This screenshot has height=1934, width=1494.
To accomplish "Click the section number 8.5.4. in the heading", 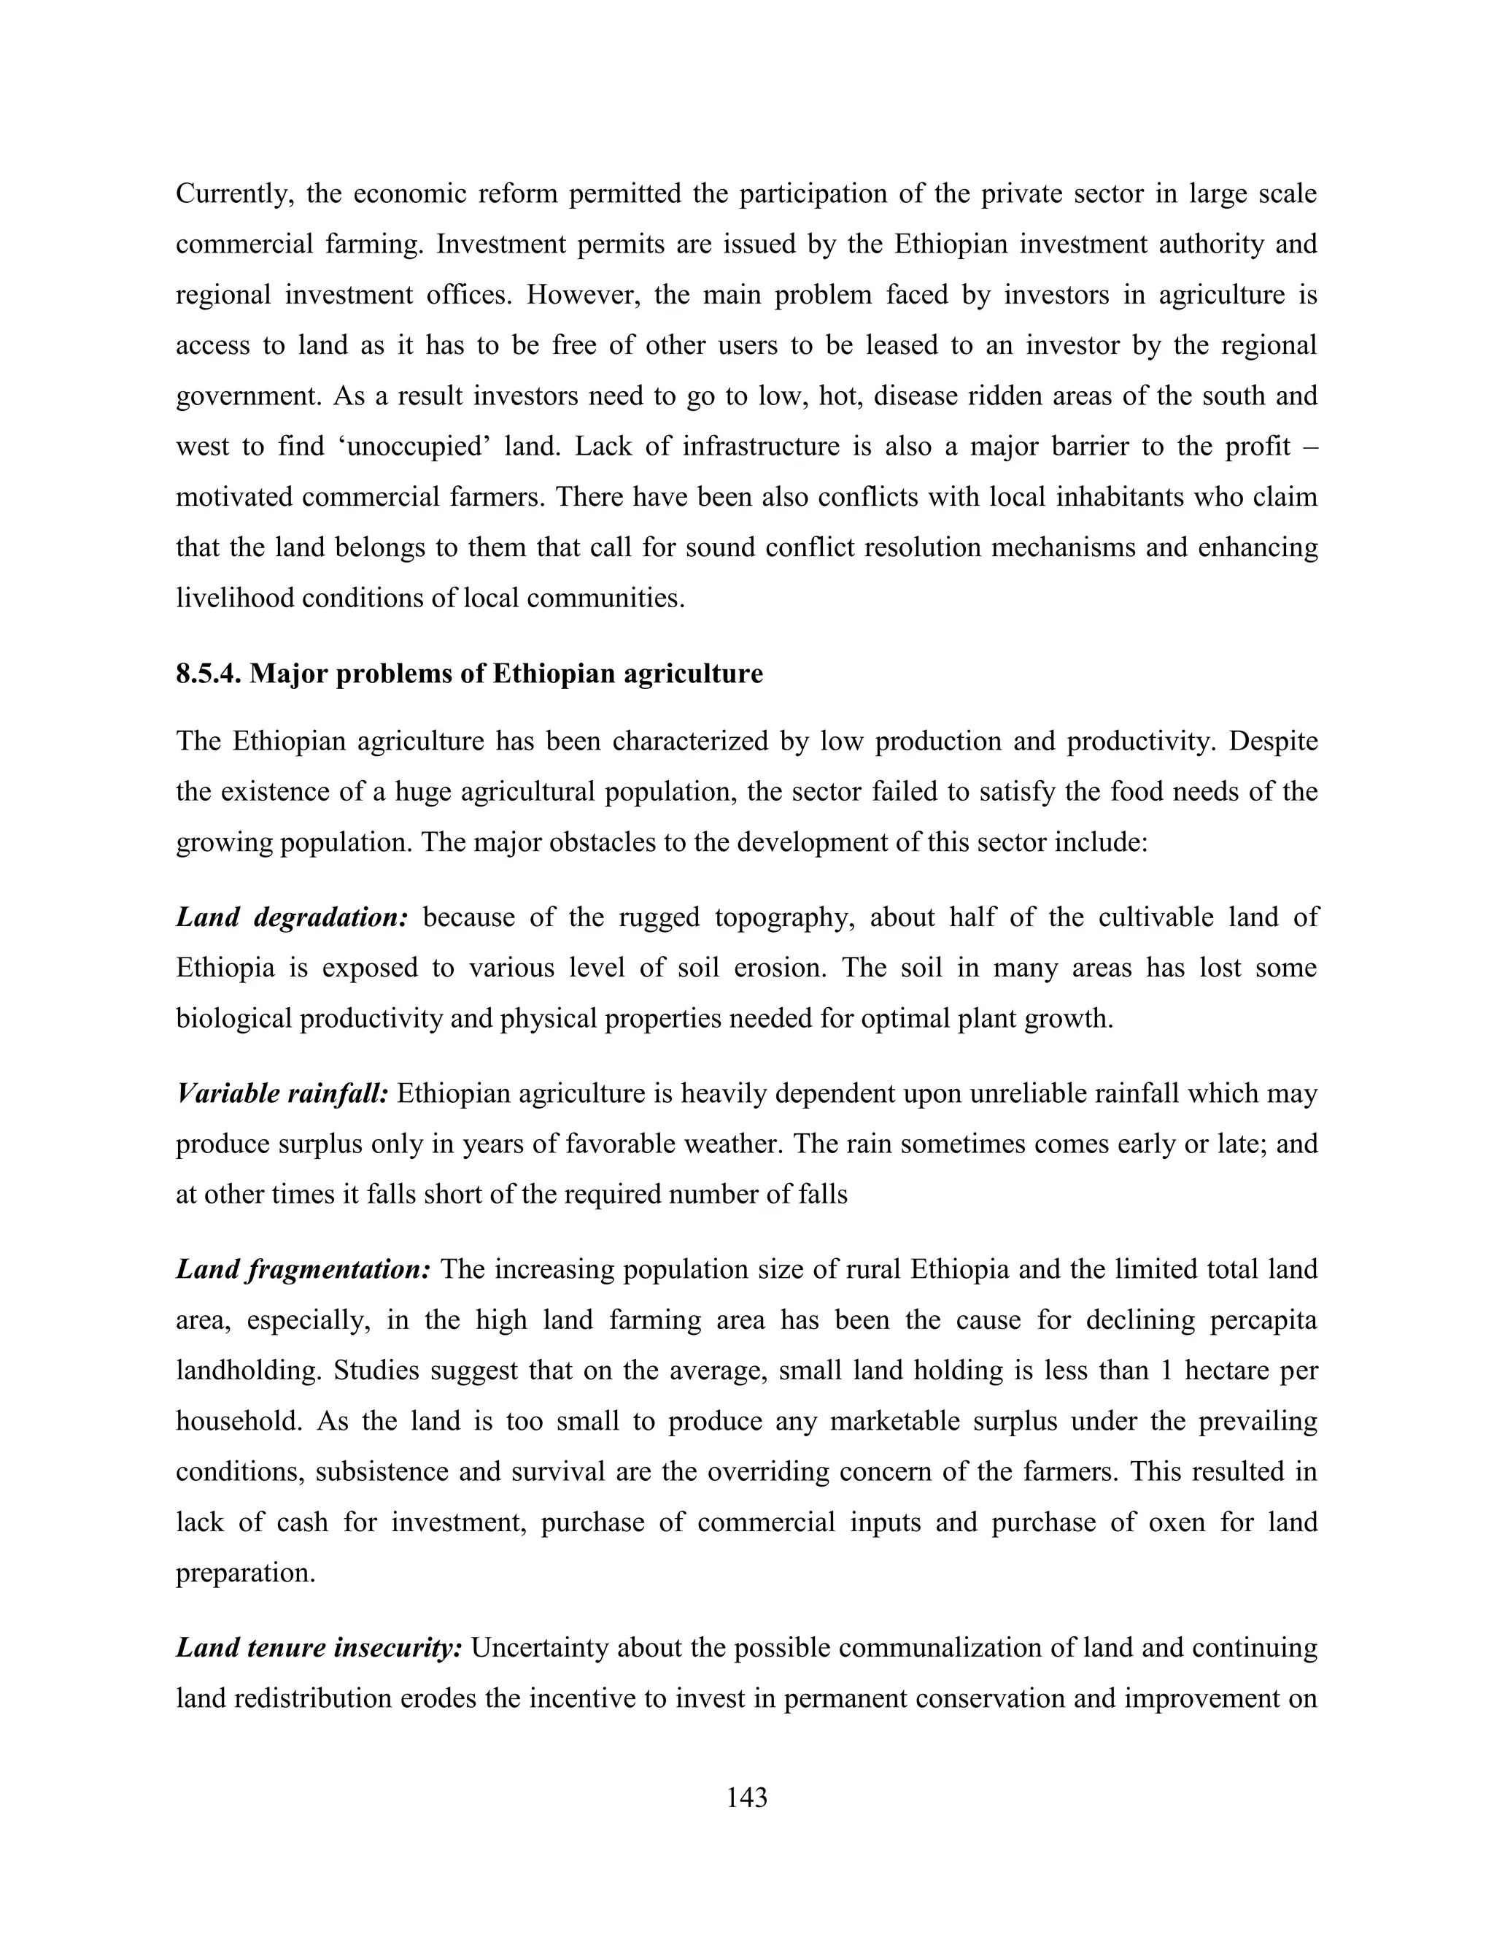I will tap(209, 674).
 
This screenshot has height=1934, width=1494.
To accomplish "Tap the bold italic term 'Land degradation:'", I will tap(291, 917).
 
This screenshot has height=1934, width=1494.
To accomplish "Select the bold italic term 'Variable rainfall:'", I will tap(282, 1094).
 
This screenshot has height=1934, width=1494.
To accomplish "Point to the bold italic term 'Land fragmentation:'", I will tap(303, 1270).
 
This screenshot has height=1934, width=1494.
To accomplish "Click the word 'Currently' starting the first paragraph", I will tap(235, 194).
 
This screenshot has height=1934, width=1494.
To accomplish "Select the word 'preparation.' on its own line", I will tap(245, 1573).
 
